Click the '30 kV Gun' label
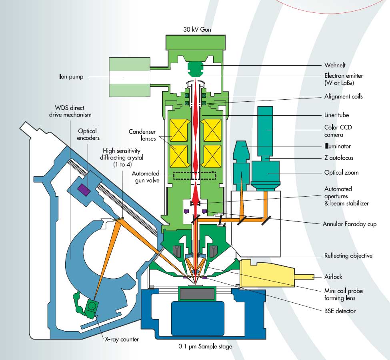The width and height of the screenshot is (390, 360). tap(195, 29)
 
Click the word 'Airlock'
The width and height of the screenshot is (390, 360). tap(332, 277)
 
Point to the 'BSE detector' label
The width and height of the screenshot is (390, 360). tap(339, 311)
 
